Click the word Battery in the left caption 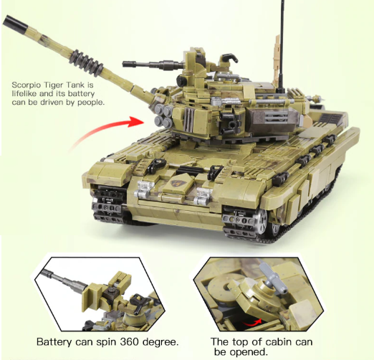54,342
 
